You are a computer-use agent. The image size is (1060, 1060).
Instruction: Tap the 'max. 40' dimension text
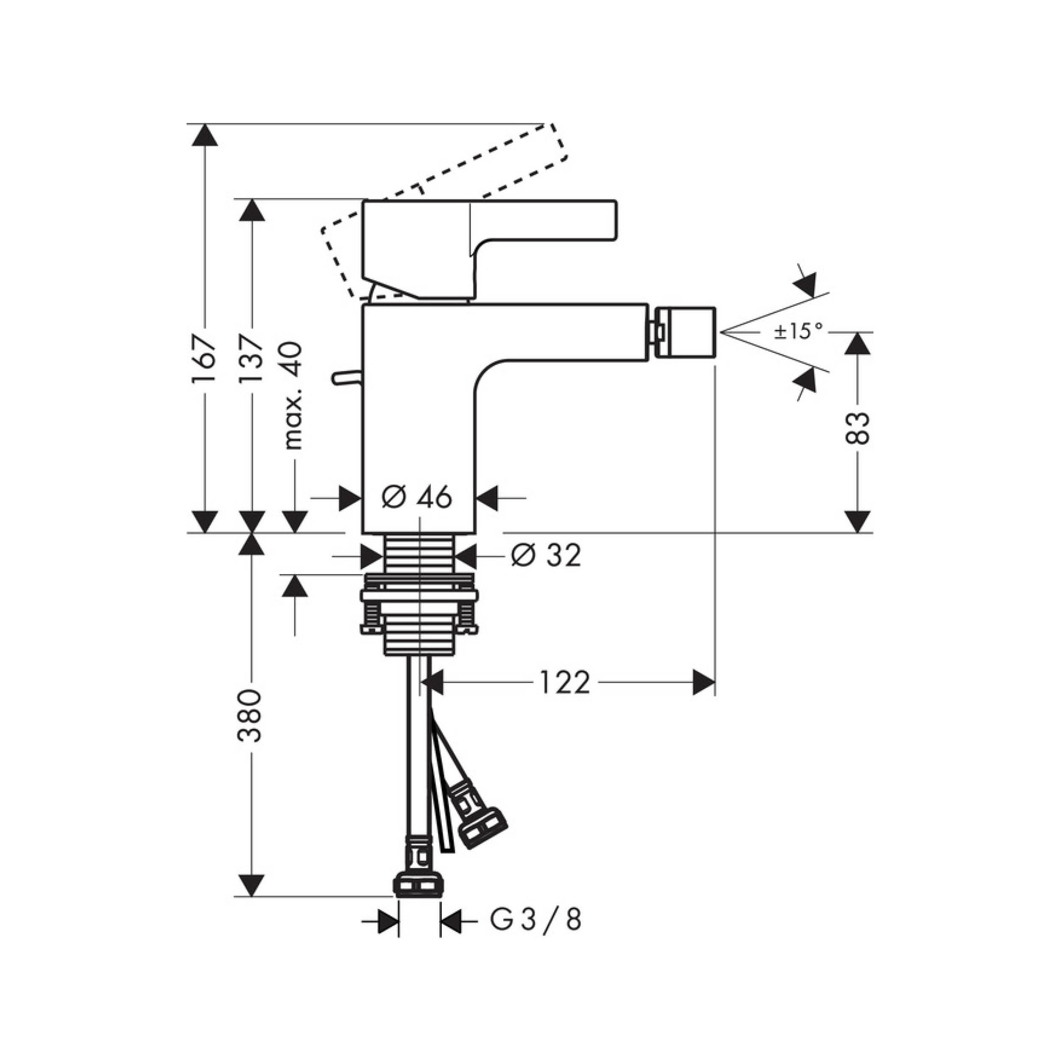click(x=294, y=396)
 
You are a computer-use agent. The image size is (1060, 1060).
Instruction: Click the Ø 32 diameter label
click(x=546, y=556)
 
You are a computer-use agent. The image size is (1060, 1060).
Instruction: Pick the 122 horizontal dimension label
click(x=565, y=683)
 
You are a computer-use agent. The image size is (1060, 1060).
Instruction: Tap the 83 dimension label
click(x=858, y=428)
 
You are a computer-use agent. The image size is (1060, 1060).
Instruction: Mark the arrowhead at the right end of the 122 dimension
click(x=704, y=683)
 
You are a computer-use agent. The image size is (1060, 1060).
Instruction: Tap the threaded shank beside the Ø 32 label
click(x=420, y=554)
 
